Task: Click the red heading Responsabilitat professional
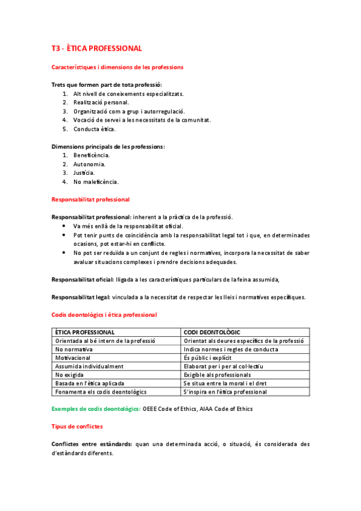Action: tap(90, 199)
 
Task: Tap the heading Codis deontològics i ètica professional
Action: tap(104, 315)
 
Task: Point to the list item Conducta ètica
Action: tap(95, 129)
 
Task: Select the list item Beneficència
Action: tap(92, 155)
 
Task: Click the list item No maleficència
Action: tap(96, 182)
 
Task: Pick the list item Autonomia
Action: tap(90, 164)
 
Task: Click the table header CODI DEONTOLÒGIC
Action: tap(212, 332)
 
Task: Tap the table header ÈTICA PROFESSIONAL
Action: tap(85, 332)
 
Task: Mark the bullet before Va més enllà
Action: tap(65, 226)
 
